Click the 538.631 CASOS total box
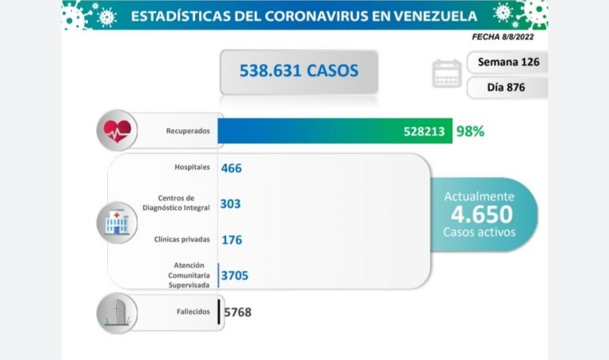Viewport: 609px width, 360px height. click(298, 71)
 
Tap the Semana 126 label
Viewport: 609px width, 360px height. click(507, 62)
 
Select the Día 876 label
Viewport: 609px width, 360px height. click(507, 87)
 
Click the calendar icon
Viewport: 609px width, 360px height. click(446, 74)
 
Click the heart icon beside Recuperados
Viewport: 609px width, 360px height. click(117, 130)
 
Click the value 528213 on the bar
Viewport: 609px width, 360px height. click(428, 132)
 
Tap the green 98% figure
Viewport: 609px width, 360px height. click(470, 132)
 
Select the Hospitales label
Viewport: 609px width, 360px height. click(193, 167)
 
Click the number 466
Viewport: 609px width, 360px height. click(232, 168)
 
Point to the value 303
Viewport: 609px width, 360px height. click(231, 204)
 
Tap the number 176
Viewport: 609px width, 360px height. click(232, 239)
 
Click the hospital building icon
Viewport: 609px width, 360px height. click(116, 222)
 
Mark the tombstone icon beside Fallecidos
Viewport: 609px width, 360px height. click(117, 312)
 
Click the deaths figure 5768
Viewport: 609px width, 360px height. click(238, 312)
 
